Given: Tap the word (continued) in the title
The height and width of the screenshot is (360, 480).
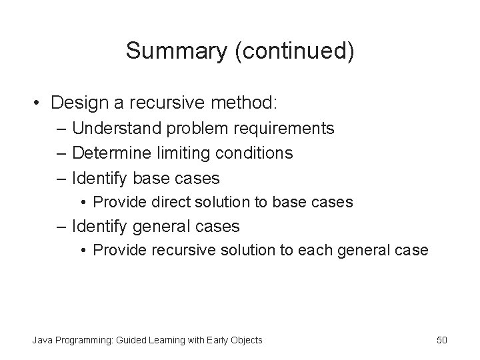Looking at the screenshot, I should (293, 51).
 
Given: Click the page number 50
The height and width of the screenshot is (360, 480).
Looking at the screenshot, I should (442, 340).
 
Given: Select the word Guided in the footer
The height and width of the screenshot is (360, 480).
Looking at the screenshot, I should (133, 340).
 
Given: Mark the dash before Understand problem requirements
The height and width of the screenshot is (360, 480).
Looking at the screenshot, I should (62, 128).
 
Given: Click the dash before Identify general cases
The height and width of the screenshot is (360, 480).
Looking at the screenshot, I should (62, 227).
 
